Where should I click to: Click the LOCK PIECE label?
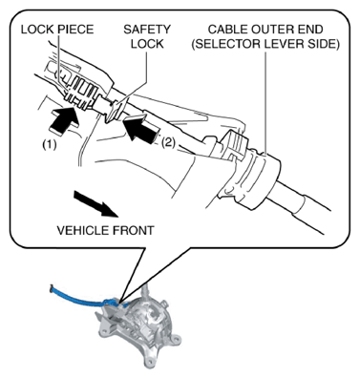57,30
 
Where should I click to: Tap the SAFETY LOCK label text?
147,36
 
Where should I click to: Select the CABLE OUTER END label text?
265,30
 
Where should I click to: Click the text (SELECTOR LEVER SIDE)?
265,44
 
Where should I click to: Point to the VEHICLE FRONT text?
105,230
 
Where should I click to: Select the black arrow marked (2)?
139,130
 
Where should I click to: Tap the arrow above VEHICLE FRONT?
96,203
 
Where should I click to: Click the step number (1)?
50,145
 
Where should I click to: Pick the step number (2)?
168,142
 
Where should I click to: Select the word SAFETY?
147,30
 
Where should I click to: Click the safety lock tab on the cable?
114,110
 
